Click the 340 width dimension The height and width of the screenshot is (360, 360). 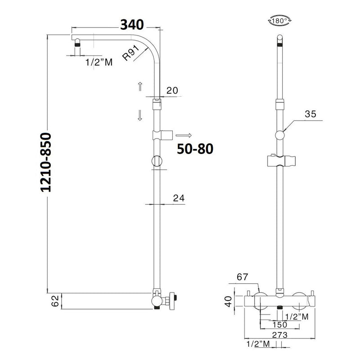132,25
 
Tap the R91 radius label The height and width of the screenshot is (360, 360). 130,53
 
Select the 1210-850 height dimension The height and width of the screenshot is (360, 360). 45,162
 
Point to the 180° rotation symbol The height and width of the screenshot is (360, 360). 279,21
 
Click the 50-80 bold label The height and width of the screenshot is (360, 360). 195,149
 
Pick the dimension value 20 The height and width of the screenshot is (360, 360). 172,90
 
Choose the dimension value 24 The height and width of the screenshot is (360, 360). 179,198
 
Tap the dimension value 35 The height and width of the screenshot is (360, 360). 310,114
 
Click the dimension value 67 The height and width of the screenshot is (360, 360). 243,277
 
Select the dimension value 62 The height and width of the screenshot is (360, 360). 55,301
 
